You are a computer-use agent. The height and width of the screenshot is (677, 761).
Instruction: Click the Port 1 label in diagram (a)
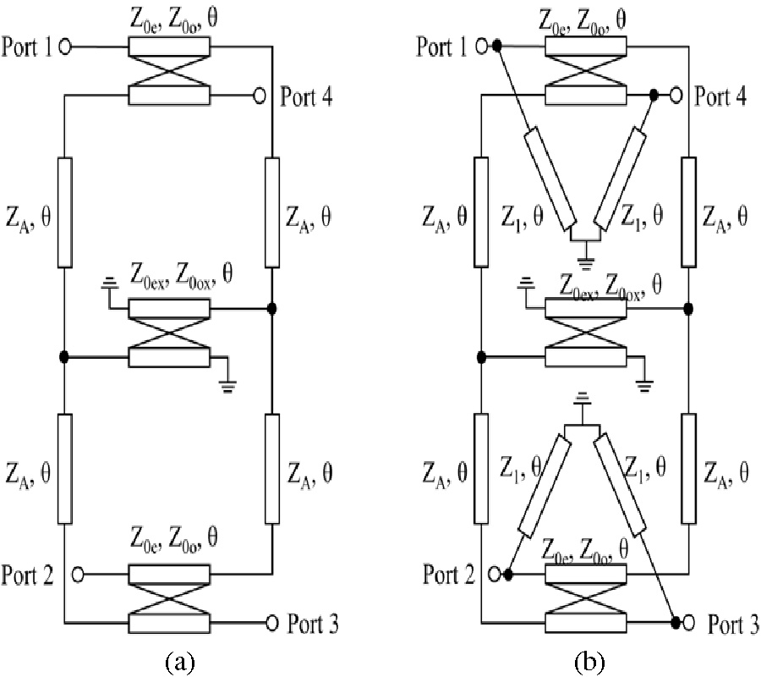coord(28,48)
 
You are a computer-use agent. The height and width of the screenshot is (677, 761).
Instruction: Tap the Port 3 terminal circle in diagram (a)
coord(272,623)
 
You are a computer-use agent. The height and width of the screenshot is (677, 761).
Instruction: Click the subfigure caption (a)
coord(178,660)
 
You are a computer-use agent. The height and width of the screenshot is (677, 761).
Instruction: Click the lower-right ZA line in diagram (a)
coord(271,468)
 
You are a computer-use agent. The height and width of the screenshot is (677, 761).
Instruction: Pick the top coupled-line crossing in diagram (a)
coord(167,72)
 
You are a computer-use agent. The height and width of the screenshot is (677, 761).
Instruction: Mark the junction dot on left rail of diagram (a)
coord(65,357)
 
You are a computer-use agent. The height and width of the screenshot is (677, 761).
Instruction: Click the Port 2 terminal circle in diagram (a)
coord(78,575)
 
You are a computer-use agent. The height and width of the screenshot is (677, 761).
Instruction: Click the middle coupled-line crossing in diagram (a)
coord(167,333)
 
